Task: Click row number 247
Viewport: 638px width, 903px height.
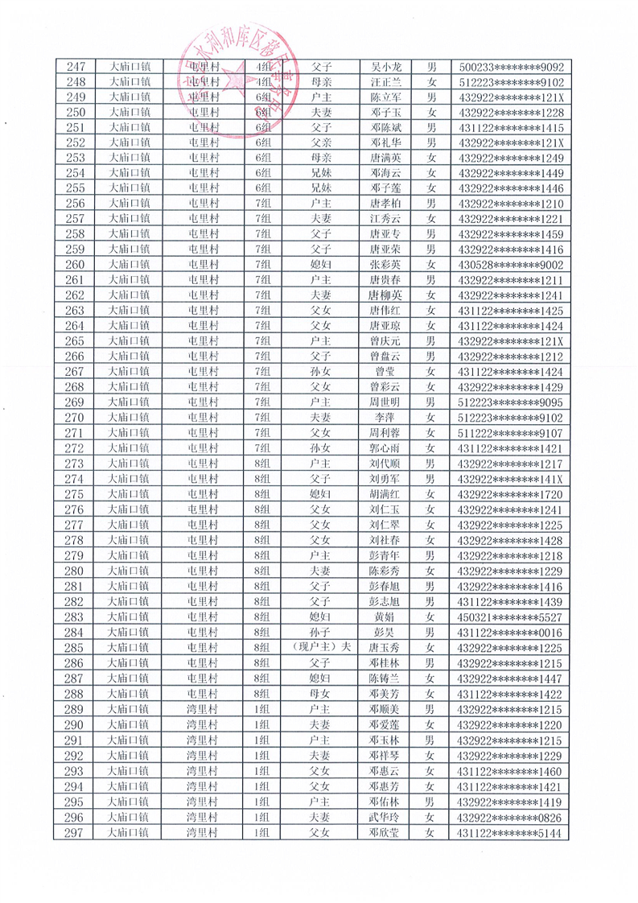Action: pyautogui.click(x=75, y=68)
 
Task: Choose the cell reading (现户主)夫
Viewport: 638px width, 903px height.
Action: pyautogui.click(x=320, y=647)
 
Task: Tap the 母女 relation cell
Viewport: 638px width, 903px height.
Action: pyautogui.click(x=320, y=693)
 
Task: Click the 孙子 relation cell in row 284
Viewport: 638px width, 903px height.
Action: pyautogui.click(x=320, y=632)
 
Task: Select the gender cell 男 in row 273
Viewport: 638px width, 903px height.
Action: pyautogui.click(x=431, y=464)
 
